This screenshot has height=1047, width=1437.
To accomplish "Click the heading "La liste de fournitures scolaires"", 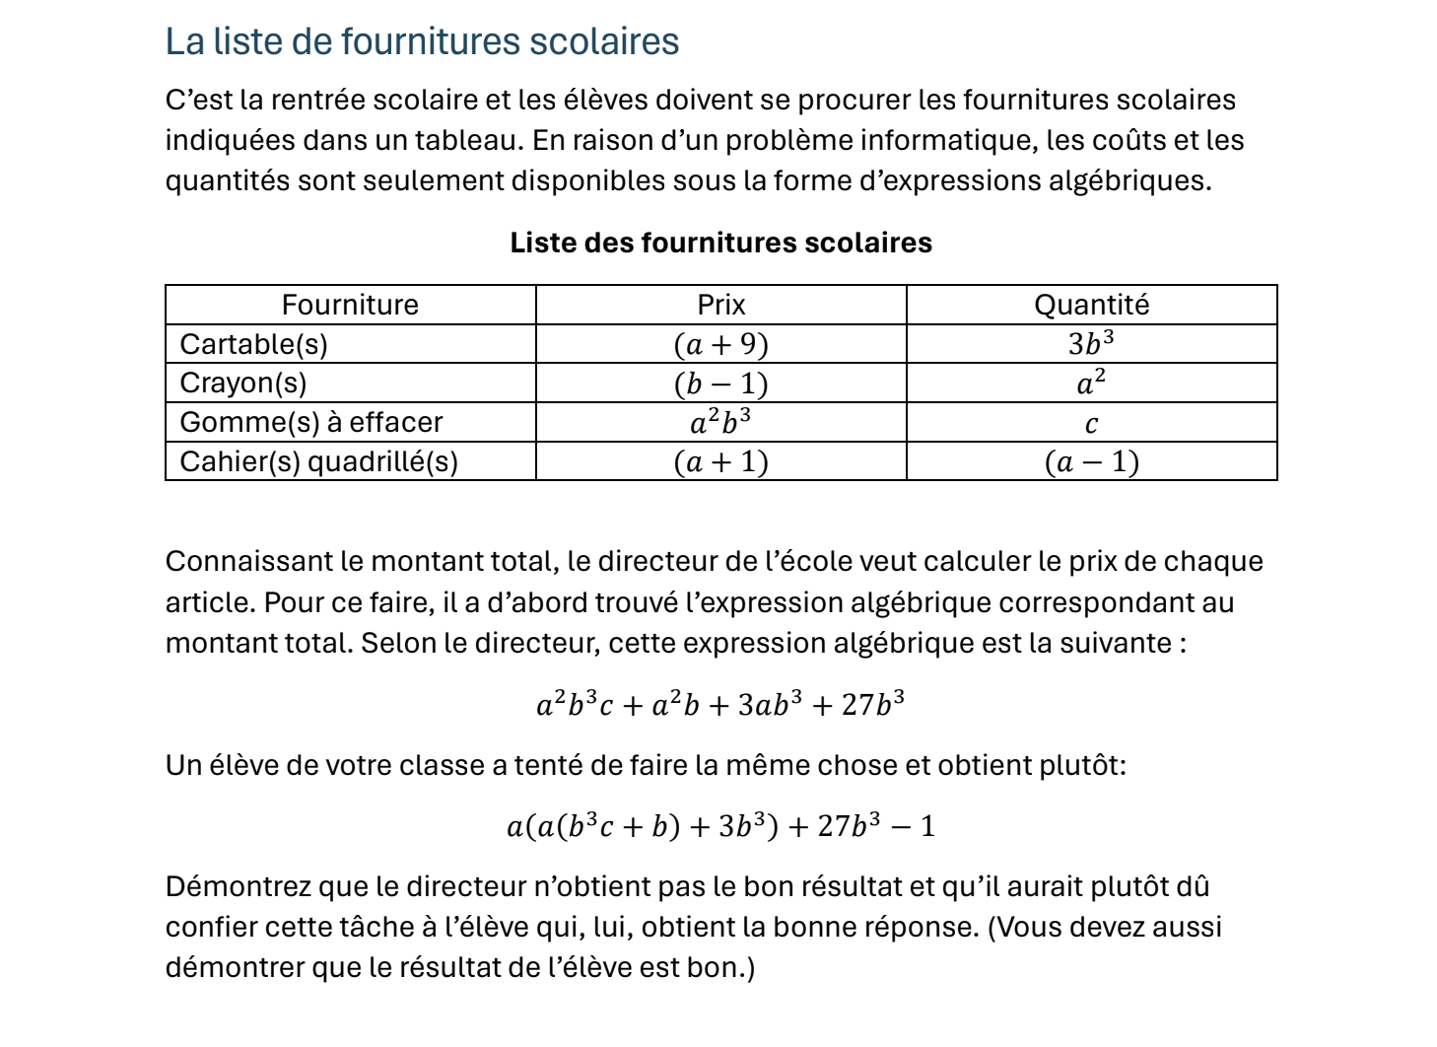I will pos(422,41).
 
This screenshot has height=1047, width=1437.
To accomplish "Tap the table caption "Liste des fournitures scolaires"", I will pos(720,243).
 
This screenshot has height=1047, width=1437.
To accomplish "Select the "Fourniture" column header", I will pos(350,305).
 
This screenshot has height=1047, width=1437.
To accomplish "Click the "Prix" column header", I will pos(720,305).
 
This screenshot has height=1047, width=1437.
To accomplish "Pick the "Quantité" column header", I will pos(1091,305).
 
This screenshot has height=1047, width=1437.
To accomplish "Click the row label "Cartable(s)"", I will pos(253,344).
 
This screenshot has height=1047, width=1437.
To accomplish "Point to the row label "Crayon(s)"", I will pos(242,383).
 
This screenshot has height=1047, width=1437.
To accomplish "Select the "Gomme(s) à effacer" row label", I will pos(311,422).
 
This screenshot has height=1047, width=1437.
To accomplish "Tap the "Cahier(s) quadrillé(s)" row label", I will pos(318,461).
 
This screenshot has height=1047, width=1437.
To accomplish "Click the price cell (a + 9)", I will pos(720,344).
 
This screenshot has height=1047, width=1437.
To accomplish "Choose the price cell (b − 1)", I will pos(720,384).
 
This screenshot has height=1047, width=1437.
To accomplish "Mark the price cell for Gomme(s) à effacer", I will pos(720,422).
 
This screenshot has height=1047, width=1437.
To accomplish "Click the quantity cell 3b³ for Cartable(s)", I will pos(1091,343).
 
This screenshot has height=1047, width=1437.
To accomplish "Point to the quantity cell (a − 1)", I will pos(1091,461).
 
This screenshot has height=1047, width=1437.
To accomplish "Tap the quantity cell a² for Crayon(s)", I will pos(1091,383).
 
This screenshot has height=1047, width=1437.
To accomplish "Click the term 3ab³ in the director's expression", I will pos(770,704).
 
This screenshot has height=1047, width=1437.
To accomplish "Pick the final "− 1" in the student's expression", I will pos(914,825).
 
